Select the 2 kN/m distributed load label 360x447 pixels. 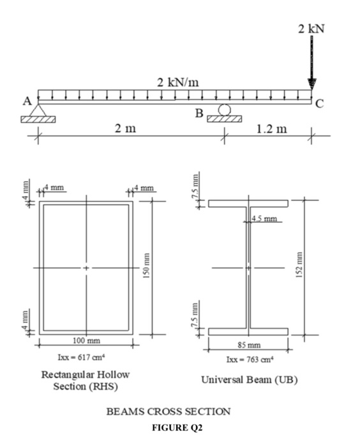pyautogui.click(x=177, y=81)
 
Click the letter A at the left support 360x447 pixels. pyautogui.click(x=27, y=101)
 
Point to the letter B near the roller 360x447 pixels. pyautogui.click(x=200, y=113)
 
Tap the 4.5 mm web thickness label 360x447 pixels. pyautogui.click(x=264, y=220)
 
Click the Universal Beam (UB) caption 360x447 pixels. pyautogui.click(x=250, y=379)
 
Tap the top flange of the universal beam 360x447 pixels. pyautogui.click(x=248, y=204)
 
